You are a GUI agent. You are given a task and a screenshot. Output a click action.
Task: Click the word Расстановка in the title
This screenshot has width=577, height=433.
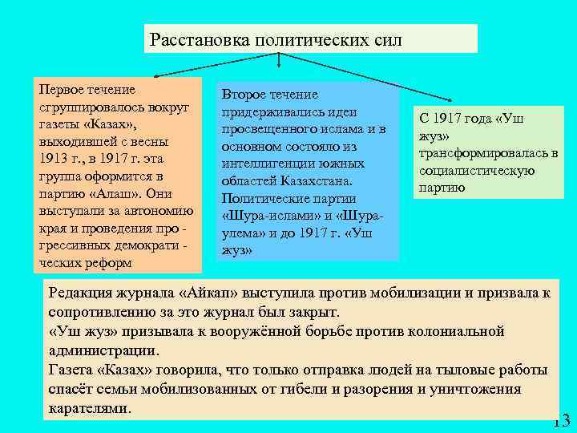(x=198, y=39)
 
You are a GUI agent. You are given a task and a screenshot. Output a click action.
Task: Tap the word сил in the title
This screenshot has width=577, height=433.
(x=385, y=39)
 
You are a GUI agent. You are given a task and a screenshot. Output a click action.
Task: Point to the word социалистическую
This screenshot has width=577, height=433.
(x=474, y=171)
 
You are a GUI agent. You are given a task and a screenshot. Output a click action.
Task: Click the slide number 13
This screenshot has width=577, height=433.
(x=561, y=420)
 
